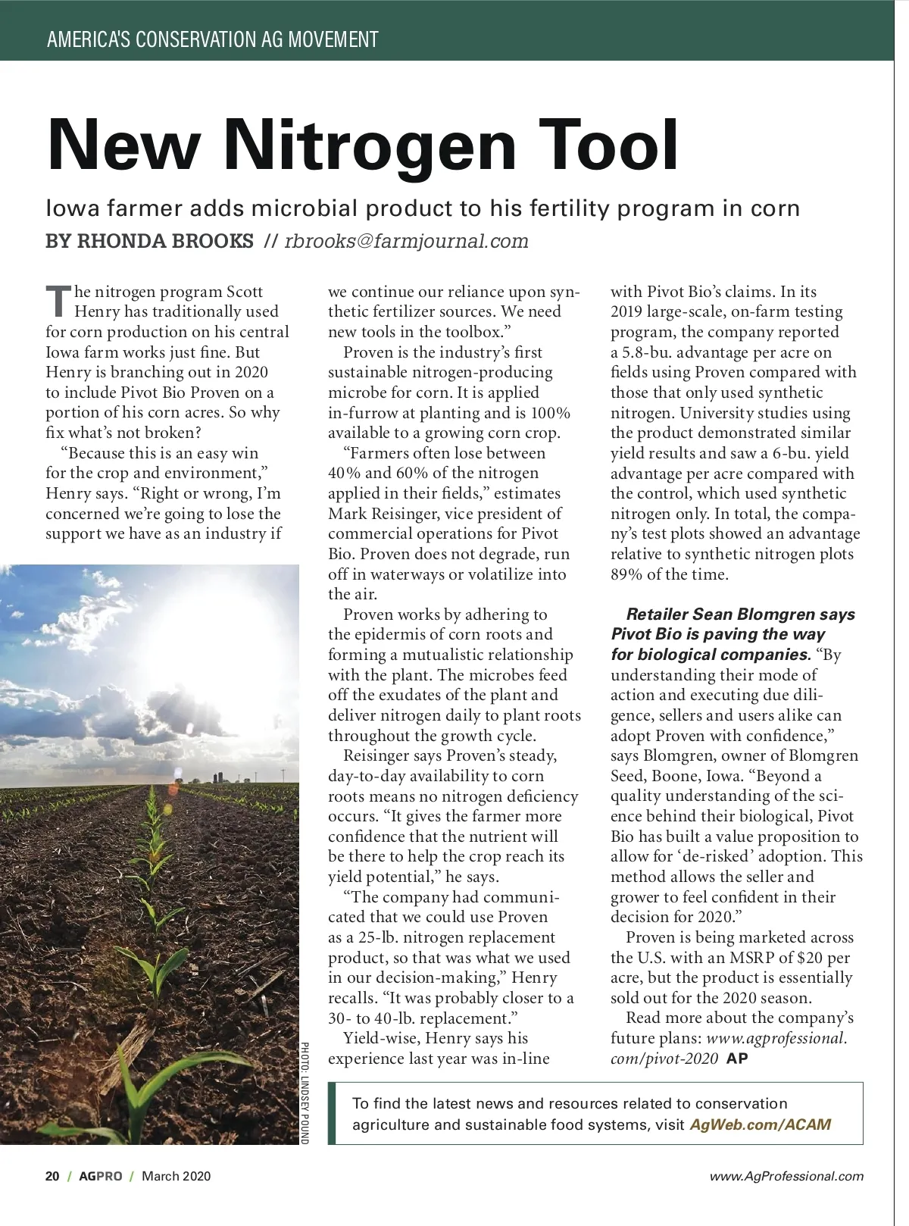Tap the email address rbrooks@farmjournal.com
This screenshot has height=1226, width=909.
(406, 242)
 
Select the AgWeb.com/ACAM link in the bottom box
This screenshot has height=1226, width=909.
(760, 1124)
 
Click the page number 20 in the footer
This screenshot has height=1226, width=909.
(52, 1176)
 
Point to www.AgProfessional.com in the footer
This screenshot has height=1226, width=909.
(786, 1176)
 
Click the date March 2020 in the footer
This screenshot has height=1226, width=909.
(176, 1176)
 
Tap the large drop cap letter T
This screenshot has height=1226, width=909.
(58, 301)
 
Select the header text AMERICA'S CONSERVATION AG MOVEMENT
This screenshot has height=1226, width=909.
(212, 39)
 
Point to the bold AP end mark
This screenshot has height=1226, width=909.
(737, 1059)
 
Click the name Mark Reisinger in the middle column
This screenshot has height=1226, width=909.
(382, 514)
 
